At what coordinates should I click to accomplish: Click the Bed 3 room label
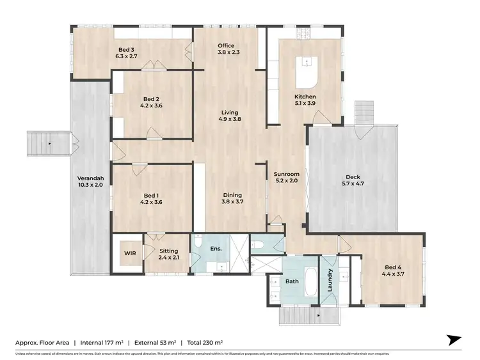point(126,52)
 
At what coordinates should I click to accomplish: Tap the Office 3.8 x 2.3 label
point(226,49)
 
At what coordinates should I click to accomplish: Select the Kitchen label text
point(305,100)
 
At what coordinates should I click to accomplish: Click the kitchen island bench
point(307,72)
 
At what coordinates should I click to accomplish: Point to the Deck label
point(353,182)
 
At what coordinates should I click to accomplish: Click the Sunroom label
point(286,177)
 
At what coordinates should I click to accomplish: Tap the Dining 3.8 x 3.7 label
point(232,199)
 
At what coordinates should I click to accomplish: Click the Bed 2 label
point(152,102)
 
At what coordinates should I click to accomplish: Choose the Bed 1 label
point(152,199)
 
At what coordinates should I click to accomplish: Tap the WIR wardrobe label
point(129,253)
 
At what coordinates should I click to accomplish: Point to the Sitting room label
point(168,254)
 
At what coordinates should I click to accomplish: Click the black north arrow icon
point(454,340)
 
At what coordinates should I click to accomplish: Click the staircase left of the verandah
point(48,143)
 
